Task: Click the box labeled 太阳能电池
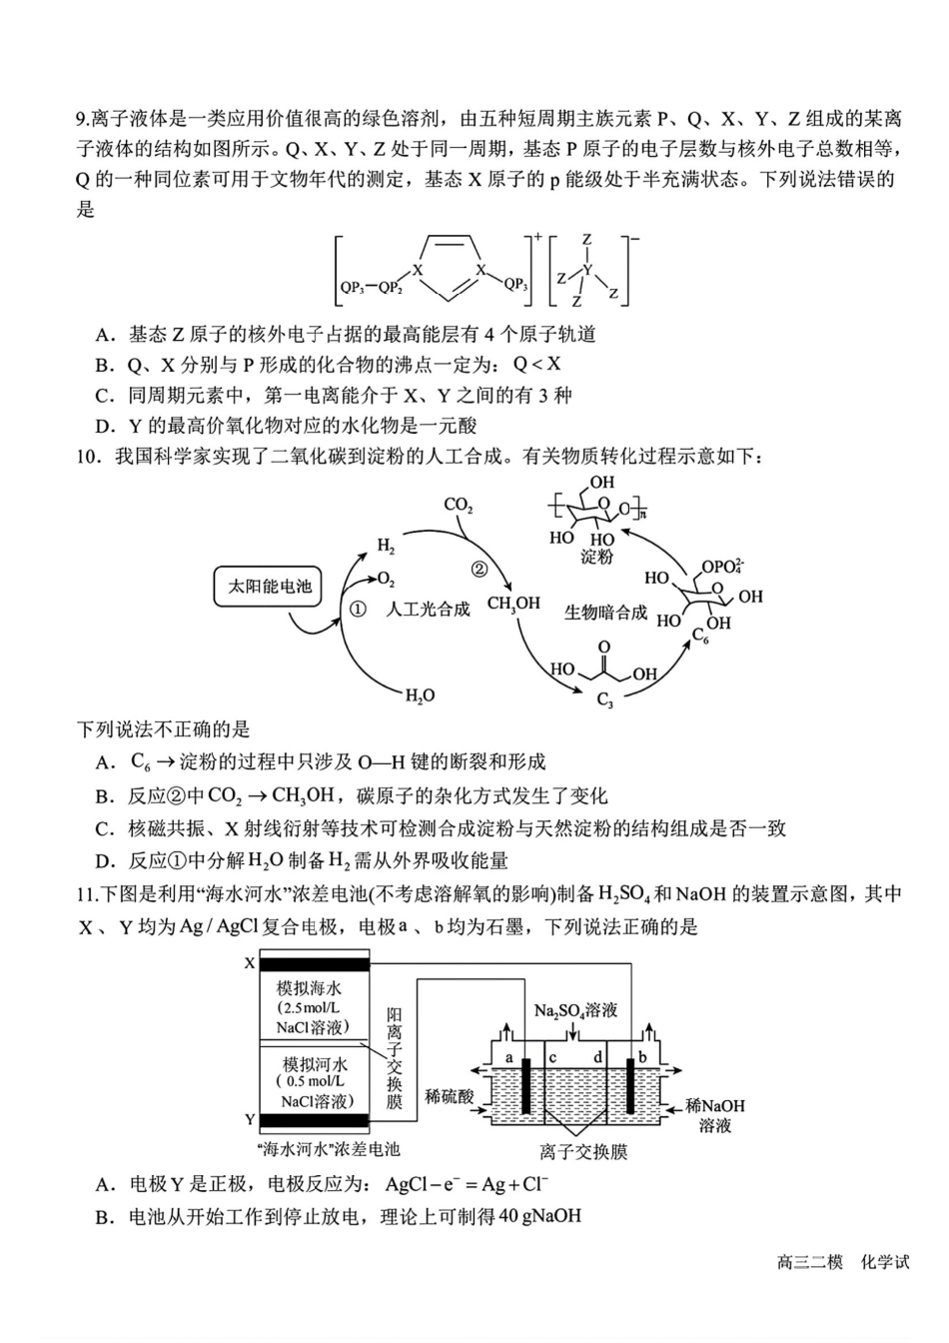(x=270, y=587)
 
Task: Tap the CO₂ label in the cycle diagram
(x=459, y=506)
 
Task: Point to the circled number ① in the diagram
(x=358, y=610)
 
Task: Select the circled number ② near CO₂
(x=478, y=569)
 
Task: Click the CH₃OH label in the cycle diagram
(x=513, y=604)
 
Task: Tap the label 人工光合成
(x=428, y=610)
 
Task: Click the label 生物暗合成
(x=605, y=613)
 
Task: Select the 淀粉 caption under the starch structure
(x=596, y=557)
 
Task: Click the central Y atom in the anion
(x=587, y=270)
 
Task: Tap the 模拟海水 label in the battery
(x=309, y=988)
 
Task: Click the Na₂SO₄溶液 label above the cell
(x=575, y=1010)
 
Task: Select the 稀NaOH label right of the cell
(x=715, y=1105)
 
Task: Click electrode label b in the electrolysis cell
(x=642, y=1057)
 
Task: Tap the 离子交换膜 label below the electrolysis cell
(x=583, y=1152)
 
